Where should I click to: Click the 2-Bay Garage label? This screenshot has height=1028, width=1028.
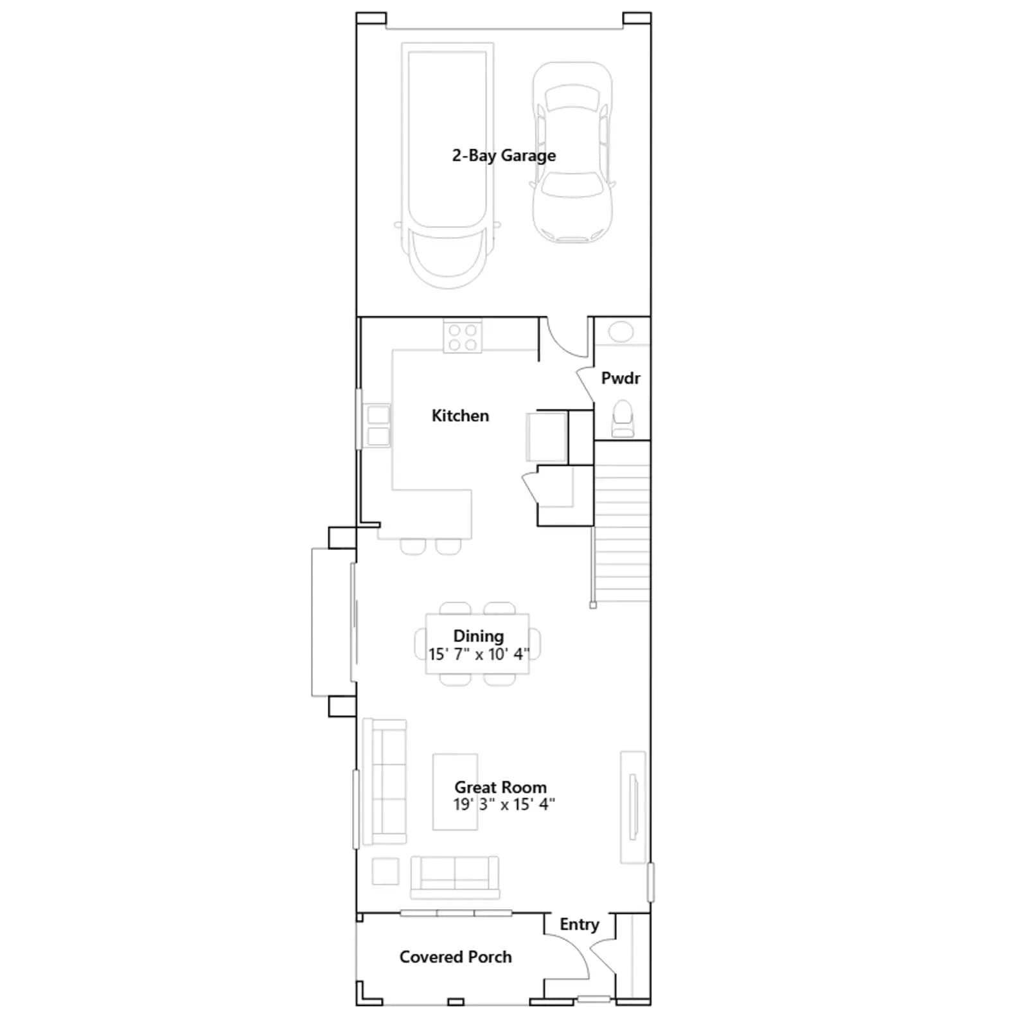(504, 155)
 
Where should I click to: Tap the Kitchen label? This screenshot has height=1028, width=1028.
(460, 416)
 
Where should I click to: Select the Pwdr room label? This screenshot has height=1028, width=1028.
(621, 378)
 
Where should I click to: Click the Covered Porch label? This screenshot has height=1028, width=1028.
(456, 957)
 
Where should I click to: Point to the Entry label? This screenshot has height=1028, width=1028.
(579, 925)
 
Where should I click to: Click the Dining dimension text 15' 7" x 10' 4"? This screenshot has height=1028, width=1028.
(479, 654)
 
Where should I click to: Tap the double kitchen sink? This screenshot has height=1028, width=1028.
(378, 425)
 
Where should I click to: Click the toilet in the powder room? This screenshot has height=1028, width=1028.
(623, 419)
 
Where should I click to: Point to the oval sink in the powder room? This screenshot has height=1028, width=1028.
(621, 332)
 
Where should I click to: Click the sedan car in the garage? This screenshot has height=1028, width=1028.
(572, 152)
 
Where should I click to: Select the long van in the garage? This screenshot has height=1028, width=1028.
(448, 165)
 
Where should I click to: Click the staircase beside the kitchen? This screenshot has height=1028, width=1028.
(622, 521)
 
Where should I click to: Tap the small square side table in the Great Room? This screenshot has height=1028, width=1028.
(385, 871)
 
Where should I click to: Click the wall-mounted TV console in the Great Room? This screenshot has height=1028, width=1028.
(633, 807)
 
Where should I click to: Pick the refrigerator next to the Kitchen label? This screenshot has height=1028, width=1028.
(547, 437)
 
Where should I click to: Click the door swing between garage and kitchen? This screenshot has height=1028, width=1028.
(568, 337)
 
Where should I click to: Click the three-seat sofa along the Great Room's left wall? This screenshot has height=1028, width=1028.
(385, 781)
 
